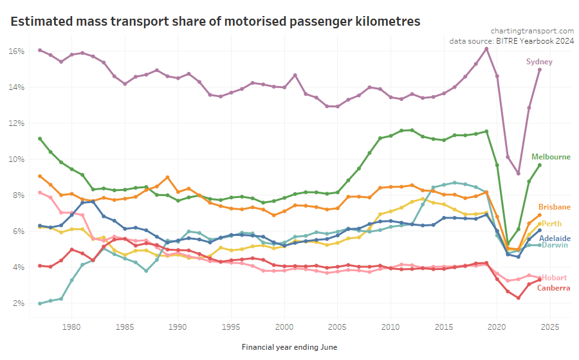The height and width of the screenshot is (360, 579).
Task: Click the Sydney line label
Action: [x=539, y=62]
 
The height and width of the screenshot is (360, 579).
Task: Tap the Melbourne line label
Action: [x=551, y=157]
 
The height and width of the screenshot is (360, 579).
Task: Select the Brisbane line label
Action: [x=554, y=207]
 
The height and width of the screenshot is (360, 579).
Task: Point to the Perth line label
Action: [x=551, y=224]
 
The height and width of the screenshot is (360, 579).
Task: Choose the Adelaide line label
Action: [x=555, y=239]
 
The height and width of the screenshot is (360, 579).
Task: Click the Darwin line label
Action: [x=554, y=245]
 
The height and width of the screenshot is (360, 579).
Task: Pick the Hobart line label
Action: [x=554, y=278]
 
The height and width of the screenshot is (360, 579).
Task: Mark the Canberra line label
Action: [x=553, y=288]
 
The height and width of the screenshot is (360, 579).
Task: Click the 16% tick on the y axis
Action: [x=17, y=51]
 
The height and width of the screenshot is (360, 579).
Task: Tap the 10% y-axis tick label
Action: [x=17, y=159]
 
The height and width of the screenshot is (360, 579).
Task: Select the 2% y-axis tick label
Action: [x=19, y=303]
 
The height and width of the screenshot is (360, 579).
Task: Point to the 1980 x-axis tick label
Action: [x=71, y=327]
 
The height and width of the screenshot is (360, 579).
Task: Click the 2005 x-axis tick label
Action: [x=337, y=327]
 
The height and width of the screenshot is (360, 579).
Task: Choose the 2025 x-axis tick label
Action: [x=549, y=327]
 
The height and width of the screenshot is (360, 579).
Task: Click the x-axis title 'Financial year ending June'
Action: [x=289, y=347]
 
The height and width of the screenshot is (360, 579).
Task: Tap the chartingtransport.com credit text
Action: [x=532, y=30]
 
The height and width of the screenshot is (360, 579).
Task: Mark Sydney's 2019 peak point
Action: [x=486, y=49]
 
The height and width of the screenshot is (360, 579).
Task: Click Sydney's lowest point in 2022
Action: [x=519, y=174]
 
